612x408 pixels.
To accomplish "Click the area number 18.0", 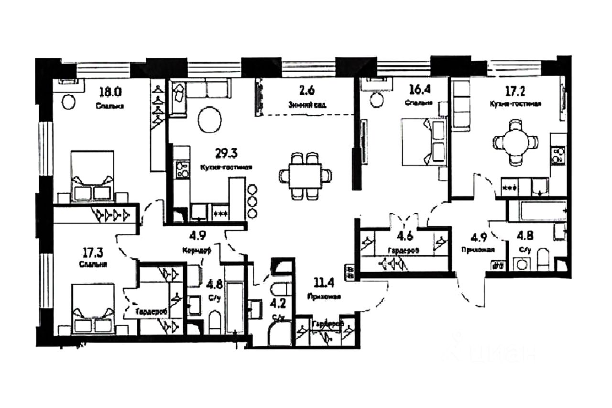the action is (109, 91).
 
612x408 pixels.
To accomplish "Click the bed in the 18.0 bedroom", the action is (92, 176).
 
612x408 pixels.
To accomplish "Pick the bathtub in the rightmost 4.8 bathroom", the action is (536, 211).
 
